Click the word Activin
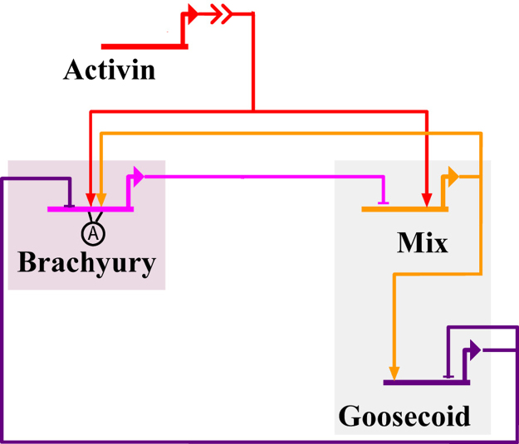point(109,70)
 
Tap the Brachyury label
point(86,263)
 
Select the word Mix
point(422,243)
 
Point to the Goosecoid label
point(404,415)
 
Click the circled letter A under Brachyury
point(94,234)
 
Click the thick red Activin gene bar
point(143,46)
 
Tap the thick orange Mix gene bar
point(404,209)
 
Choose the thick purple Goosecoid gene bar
point(425,382)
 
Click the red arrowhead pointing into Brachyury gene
point(90,200)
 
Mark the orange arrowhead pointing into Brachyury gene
point(100,200)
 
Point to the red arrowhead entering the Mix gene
point(427,200)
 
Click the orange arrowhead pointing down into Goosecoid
point(394,373)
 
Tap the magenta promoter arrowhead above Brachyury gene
point(139,176)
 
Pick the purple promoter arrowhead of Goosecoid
point(475,350)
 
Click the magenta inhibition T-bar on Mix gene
point(383,202)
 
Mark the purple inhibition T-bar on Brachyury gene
point(71,202)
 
